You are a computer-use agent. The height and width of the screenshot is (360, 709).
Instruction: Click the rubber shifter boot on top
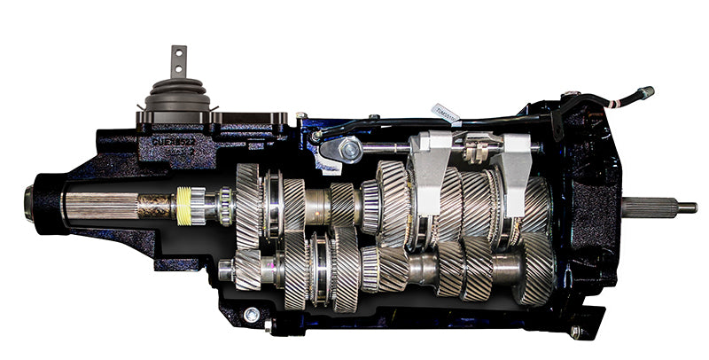pyautogui.click(x=177, y=93)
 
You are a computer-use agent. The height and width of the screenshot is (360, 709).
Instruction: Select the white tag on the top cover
pyautogui.click(x=444, y=111)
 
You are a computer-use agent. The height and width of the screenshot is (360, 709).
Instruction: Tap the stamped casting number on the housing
pyautogui.click(x=173, y=139)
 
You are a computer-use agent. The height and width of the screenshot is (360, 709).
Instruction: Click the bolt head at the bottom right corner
pyautogui.click(x=577, y=333)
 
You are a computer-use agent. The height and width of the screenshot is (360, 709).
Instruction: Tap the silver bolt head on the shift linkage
pyautogui.click(x=352, y=152)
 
